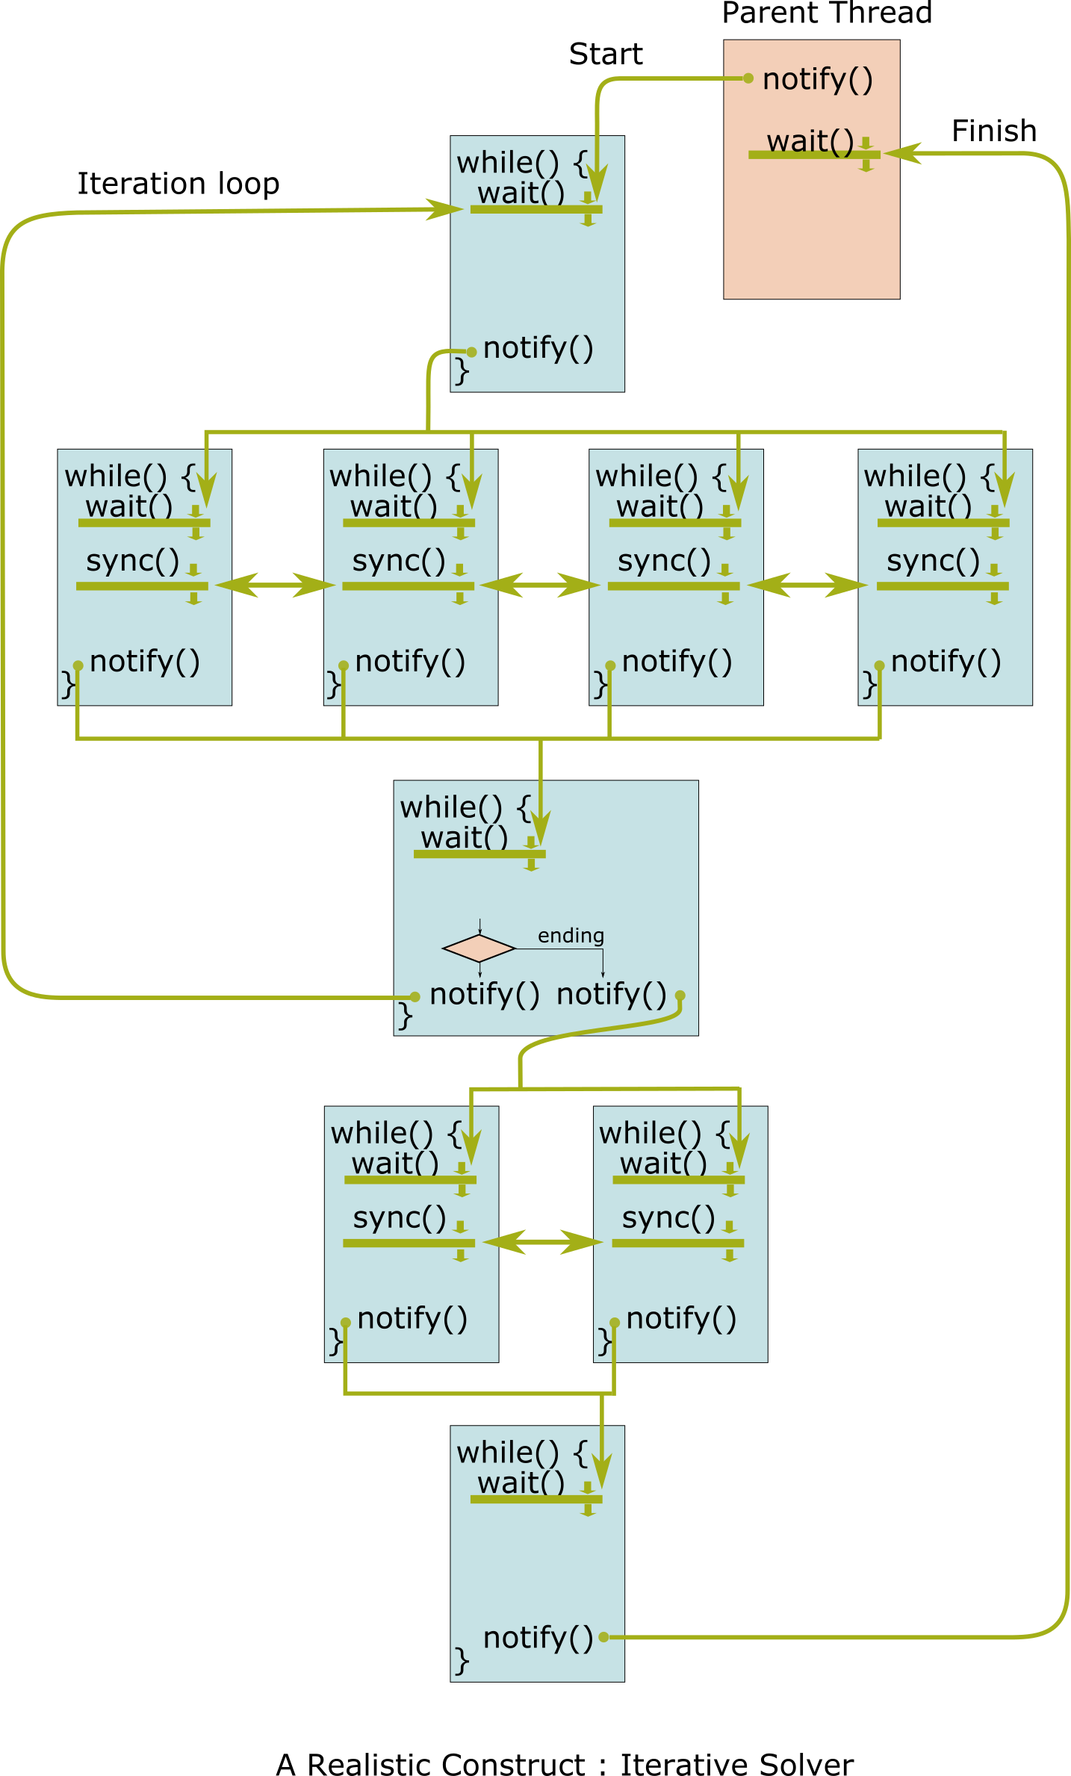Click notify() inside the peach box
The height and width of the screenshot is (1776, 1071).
click(x=817, y=79)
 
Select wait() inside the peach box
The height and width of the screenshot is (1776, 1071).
click(x=810, y=141)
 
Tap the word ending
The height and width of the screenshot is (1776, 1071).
click(x=571, y=936)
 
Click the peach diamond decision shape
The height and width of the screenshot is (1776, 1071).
click(x=479, y=948)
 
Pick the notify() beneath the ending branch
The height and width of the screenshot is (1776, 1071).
click(x=611, y=995)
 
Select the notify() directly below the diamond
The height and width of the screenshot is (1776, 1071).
click(x=484, y=995)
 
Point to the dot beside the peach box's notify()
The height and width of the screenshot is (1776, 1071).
click(x=748, y=78)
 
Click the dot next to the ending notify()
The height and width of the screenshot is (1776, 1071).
click(x=680, y=996)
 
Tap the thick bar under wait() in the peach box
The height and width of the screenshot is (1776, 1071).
click(x=814, y=155)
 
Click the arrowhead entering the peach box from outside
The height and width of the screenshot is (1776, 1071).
click(x=900, y=153)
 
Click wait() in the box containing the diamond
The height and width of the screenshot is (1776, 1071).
click(x=464, y=838)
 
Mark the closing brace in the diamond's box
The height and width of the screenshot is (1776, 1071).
click(x=405, y=1016)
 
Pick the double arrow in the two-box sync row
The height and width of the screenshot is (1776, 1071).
click(x=543, y=1242)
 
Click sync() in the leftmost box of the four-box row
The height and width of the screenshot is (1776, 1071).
click(x=132, y=561)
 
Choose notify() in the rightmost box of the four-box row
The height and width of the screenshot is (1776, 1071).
click(x=946, y=662)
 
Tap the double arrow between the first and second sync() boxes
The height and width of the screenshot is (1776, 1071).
click(x=276, y=585)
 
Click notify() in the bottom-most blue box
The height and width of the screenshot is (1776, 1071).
click(x=538, y=1638)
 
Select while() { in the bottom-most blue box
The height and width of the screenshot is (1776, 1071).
click(x=522, y=1453)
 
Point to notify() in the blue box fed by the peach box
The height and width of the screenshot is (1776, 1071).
click(x=538, y=349)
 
